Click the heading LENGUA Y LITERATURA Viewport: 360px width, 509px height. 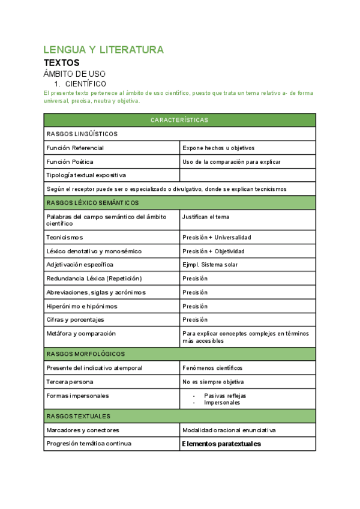pos(103,50)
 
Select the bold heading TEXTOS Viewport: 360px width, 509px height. pos(61,62)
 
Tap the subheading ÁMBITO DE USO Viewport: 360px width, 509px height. pos(74,74)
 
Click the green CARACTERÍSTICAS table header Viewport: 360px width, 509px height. pos(179,120)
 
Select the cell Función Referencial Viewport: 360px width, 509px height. pos(75,148)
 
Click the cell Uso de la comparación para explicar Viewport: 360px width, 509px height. pos(231,162)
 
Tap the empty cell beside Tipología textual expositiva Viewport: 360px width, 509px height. pos(247,175)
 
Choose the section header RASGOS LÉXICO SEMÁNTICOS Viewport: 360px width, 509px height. pos(92,203)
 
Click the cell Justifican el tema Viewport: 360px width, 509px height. pos(206,217)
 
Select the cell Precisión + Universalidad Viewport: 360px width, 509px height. pos(217,237)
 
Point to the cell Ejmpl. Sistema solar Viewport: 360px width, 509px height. pos(211,265)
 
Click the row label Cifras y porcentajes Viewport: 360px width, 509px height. pos(75,319)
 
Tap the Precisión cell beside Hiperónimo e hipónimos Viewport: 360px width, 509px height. pos(195,306)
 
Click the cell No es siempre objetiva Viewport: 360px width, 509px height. pos(213,382)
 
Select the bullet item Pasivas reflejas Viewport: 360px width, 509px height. pos(225,396)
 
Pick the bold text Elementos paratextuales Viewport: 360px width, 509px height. pos(221,444)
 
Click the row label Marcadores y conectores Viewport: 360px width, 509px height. pos(83,430)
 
